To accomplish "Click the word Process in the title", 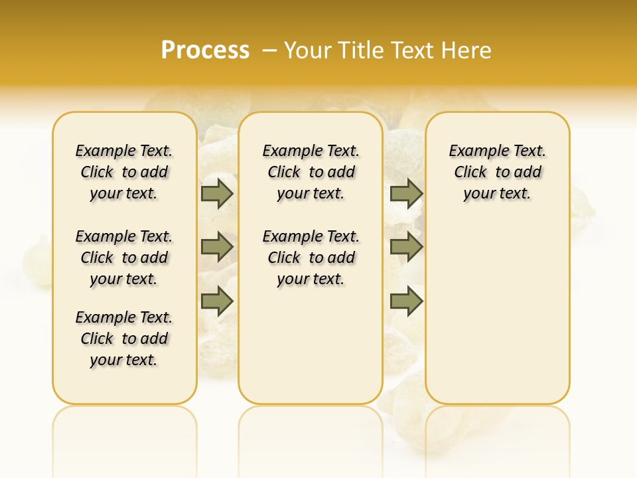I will [205, 50].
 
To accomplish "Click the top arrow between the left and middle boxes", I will [217, 193].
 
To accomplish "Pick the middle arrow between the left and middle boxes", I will [217, 247].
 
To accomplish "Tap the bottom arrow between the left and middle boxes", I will [217, 301].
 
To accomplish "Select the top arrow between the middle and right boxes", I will [406, 193].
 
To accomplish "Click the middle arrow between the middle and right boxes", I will [406, 247].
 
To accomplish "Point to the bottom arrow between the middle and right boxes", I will [406, 301].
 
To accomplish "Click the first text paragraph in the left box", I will [124, 172].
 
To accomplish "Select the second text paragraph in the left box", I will [124, 258].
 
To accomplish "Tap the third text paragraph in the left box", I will [124, 339].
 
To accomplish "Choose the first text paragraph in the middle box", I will [311, 172].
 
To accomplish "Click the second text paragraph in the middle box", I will [311, 258].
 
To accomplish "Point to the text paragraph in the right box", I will [497, 172].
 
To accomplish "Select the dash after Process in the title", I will [269, 50].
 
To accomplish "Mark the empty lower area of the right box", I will [497, 312].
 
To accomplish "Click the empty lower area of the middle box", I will [311, 345].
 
